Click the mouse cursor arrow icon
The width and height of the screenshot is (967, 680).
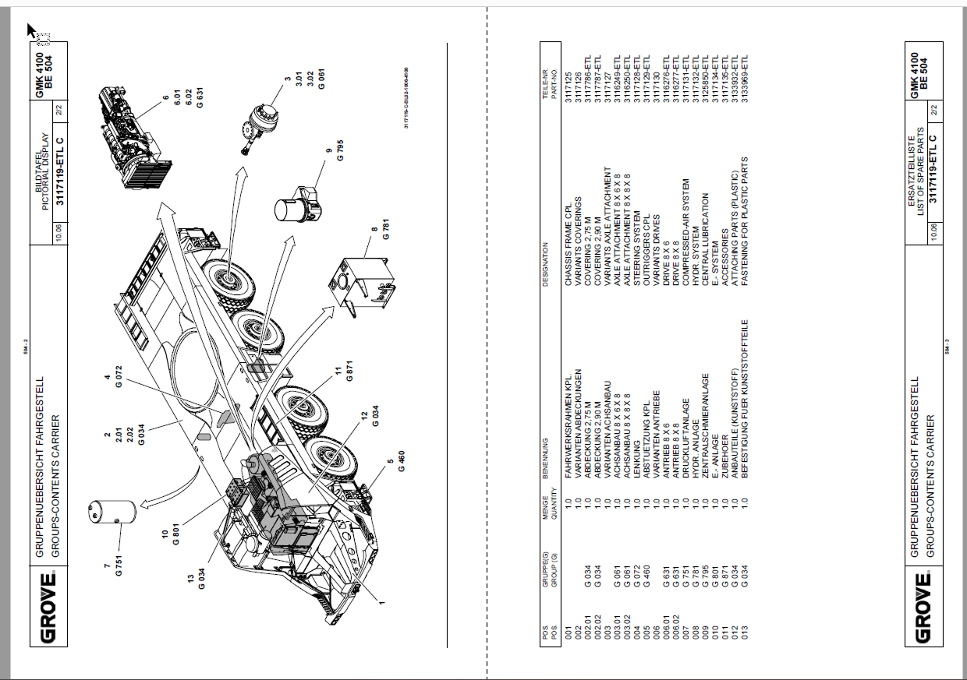tap(32, 30)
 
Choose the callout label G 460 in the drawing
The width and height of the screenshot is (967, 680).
tap(401, 461)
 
